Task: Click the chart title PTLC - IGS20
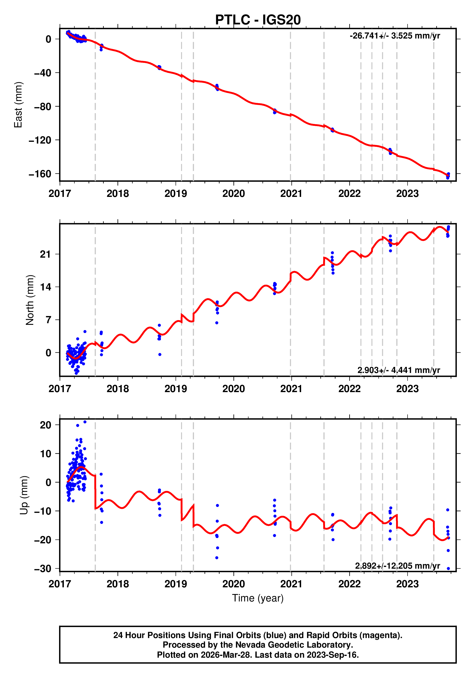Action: (258, 20)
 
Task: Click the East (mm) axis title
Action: (18, 105)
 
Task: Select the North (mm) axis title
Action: (30, 300)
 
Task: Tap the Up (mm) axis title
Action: (24, 495)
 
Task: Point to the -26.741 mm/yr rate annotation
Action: (395, 36)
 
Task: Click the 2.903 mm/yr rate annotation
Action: (398, 370)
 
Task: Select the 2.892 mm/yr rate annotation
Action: (397, 566)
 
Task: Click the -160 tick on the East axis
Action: (40, 174)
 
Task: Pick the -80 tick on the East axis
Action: (43, 107)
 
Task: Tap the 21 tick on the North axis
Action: (45, 254)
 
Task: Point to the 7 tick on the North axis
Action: (48, 320)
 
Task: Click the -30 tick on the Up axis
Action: (43, 568)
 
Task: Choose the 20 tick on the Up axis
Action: (45, 425)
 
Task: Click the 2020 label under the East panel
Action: (233, 194)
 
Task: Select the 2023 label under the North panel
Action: (407, 389)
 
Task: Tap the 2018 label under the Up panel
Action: (117, 584)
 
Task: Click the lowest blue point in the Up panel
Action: (448, 568)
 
